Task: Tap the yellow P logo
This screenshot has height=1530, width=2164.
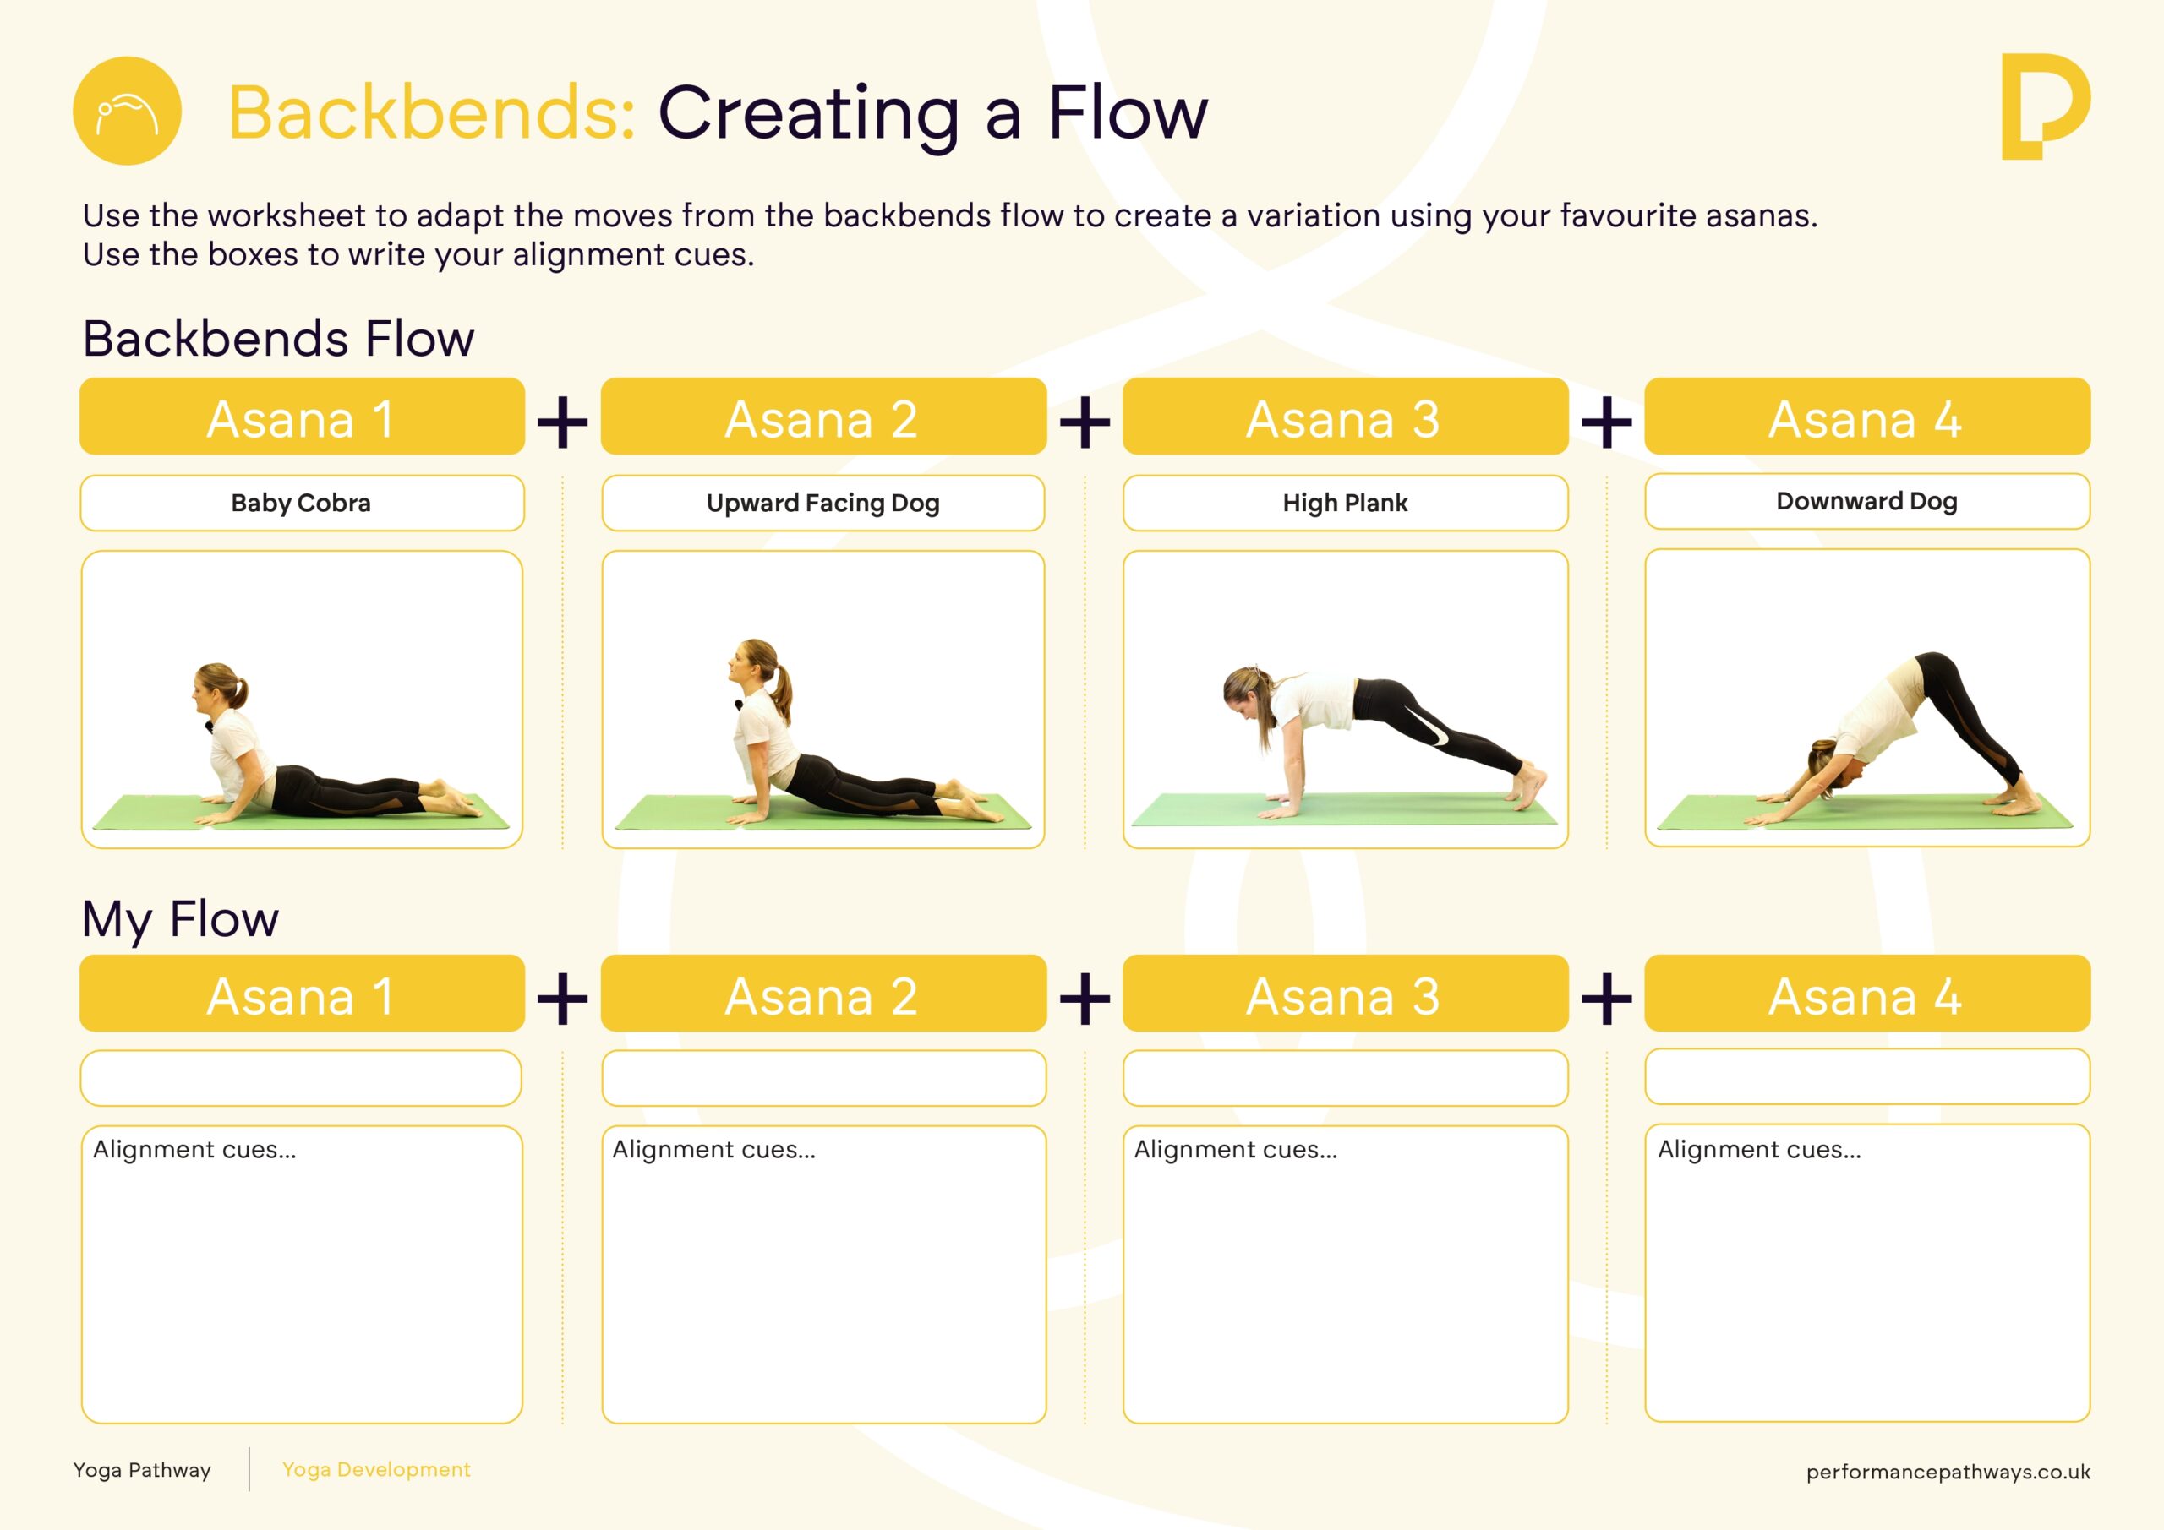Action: click(2046, 106)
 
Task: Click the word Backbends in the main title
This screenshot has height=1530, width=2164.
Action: click(432, 112)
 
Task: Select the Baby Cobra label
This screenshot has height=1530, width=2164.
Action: click(302, 503)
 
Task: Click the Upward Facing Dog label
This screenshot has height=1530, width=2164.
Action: click(822, 503)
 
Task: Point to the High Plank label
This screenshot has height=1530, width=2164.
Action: click(1345, 503)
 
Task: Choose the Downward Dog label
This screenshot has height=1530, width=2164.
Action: click(1867, 501)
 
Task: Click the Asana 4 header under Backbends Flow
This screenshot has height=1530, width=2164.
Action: click(1867, 417)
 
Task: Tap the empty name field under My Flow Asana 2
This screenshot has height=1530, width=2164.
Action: click(823, 1078)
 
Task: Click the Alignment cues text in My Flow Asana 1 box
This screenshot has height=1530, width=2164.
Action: click(194, 1149)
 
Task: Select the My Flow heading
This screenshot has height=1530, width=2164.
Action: click(180, 918)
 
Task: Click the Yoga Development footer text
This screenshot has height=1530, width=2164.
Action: click(376, 1470)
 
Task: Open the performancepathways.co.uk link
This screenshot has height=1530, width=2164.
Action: click(1948, 1473)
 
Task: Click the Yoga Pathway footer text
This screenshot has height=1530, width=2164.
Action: click(142, 1471)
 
